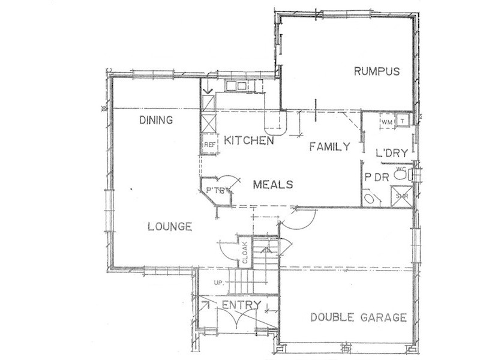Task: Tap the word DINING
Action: coord(156,120)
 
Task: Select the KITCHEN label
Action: coord(249,140)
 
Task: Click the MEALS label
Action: coord(272,184)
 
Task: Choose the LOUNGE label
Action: coord(170,227)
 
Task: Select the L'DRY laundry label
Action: coord(392,154)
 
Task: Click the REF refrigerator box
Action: coord(209,145)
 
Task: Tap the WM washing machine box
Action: coord(386,122)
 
